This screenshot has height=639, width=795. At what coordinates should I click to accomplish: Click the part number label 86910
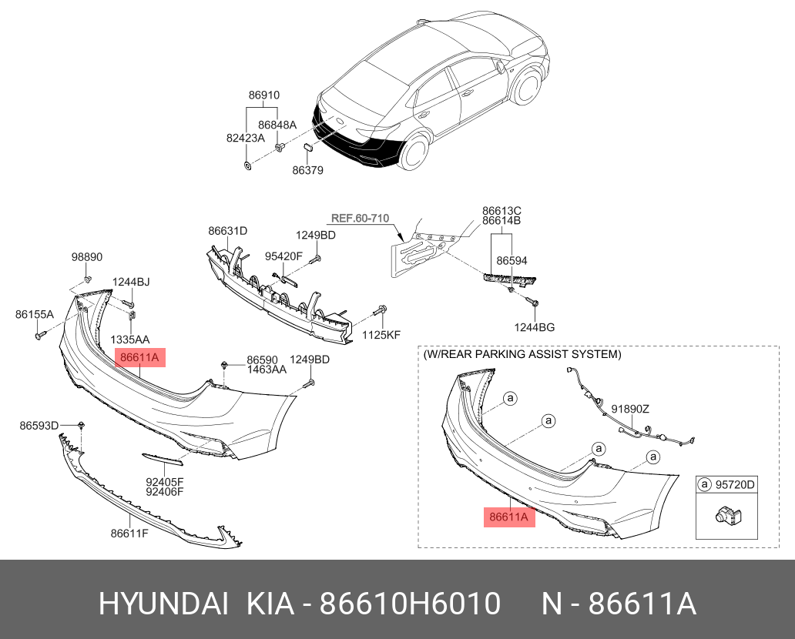pyautogui.click(x=263, y=95)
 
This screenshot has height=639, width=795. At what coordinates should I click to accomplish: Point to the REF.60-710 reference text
pyautogui.click(x=360, y=218)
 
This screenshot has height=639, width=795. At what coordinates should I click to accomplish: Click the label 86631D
pyautogui.click(x=227, y=230)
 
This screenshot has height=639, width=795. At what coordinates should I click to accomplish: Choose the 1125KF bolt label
pyautogui.click(x=381, y=335)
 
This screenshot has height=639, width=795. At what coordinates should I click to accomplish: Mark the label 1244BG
pyautogui.click(x=535, y=327)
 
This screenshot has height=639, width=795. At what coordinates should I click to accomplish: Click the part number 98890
pyautogui.click(x=87, y=257)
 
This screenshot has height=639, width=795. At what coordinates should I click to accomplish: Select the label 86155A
pyautogui.click(x=35, y=314)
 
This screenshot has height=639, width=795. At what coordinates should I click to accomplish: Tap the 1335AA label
pyautogui.click(x=130, y=339)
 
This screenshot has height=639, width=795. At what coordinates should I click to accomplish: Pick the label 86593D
pyautogui.click(x=39, y=425)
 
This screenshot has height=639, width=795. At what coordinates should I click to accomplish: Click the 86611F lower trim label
pyautogui.click(x=130, y=533)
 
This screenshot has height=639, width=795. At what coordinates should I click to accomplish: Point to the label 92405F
pyautogui.click(x=165, y=481)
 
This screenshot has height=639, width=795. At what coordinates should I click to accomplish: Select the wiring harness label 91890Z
pyautogui.click(x=630, y=409)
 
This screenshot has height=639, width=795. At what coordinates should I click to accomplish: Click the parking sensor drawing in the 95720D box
pyautogui.click(x=725, y=515)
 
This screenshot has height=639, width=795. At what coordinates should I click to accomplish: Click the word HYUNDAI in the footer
pyautogui.click(x=163, y=604)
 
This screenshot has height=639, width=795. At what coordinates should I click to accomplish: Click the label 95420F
pyautogui.click(x=284, y=256)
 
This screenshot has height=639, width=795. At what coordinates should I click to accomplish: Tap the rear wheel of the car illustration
pyautogui.click(x=414, y=153)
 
